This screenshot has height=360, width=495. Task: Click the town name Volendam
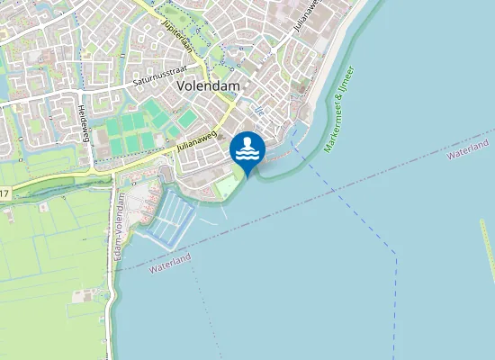pyautogui.click(x=209, y=85)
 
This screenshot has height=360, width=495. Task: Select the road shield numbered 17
pyautogui.click(x=4, y=193)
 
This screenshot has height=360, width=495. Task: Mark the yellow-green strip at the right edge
pyautogui.click(x=488, y=243)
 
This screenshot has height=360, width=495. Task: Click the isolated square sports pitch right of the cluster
pyautogui.click(x=187, y=118)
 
